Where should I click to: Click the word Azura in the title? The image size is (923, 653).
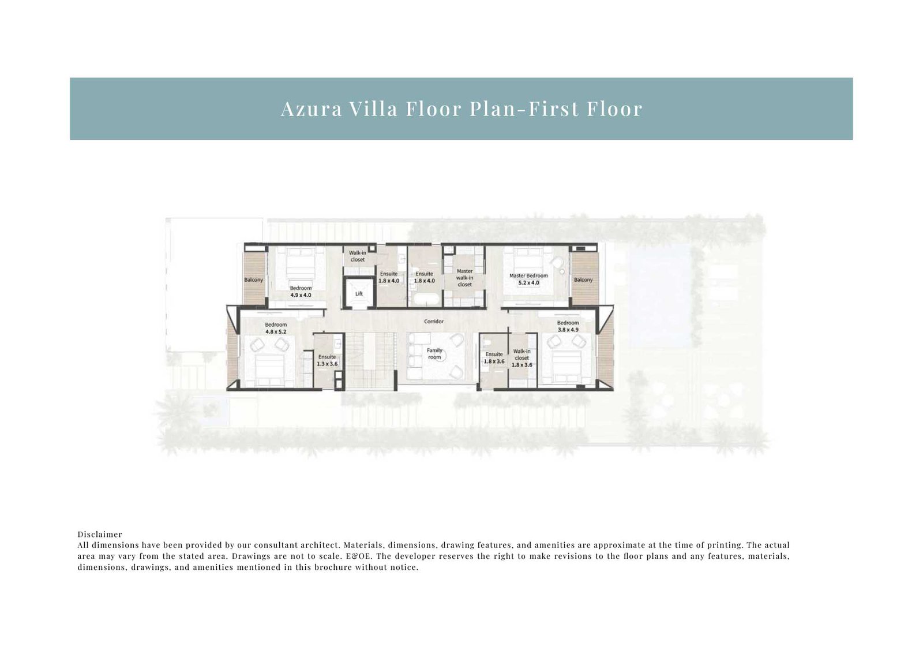pos(311,109)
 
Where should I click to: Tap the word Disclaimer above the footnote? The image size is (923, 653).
pos(100,535)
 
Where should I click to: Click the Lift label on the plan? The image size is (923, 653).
pos(359,294)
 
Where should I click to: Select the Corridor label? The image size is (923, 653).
pos(434,322)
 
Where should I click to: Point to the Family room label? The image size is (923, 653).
pos(434,354)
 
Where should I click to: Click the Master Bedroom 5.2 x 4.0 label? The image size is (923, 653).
pos(528,279)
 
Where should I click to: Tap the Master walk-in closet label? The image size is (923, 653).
pos(464,278)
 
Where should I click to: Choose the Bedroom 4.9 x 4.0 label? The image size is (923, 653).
pos(301,292)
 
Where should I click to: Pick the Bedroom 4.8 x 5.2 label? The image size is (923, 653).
pos(276,328)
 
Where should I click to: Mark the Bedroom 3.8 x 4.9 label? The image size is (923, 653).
pos(568,326)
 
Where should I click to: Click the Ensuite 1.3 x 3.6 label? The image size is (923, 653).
pos(327,360)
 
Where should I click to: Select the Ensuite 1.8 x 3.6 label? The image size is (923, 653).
pos(494,358)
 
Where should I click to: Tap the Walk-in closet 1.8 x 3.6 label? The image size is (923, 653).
pos(522,358)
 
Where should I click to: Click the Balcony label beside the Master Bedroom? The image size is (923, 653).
pos(583,280)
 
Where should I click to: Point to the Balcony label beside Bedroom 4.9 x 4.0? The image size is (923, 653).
pos(253,280)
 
